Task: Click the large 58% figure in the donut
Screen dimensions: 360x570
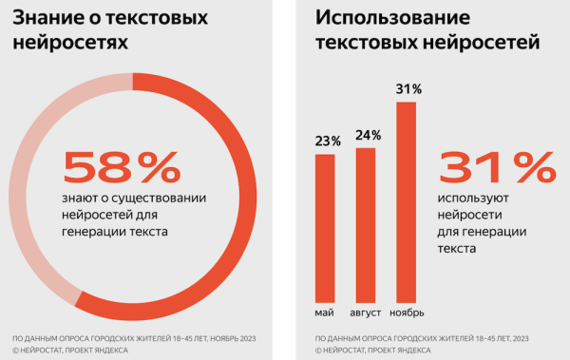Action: click(x=122, y=167)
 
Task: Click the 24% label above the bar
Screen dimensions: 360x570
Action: click(x=366, y=135)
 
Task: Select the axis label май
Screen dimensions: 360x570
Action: click(x=325, y=313)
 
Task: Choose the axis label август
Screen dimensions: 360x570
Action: click(x=366, y=313)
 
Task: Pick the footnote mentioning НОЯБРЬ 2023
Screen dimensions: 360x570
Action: click(x=134, y=338)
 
